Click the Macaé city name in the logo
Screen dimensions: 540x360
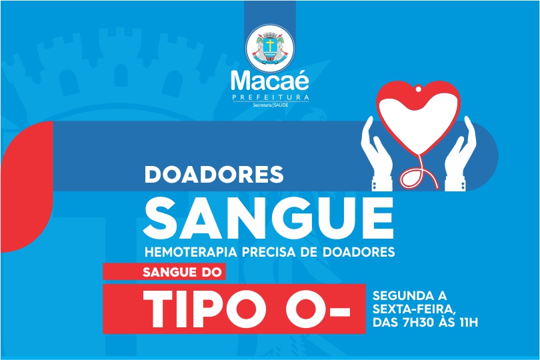click(x=270, y=81)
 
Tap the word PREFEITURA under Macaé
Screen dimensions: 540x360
click(x=271, y=97)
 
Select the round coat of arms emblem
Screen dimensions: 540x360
click(x=270, y=48)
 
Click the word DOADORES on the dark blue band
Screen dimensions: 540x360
click(x=214, y=174)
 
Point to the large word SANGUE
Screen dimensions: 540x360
click(x=269, y=218)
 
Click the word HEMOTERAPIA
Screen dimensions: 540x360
click(x=191, y=252)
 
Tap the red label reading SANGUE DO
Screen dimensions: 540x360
click(x=164, y=272)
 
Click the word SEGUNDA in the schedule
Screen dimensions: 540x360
click(x=399, y=295)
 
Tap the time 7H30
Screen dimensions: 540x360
click(x=419, y=323)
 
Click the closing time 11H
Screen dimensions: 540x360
click(x=469, y=323)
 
